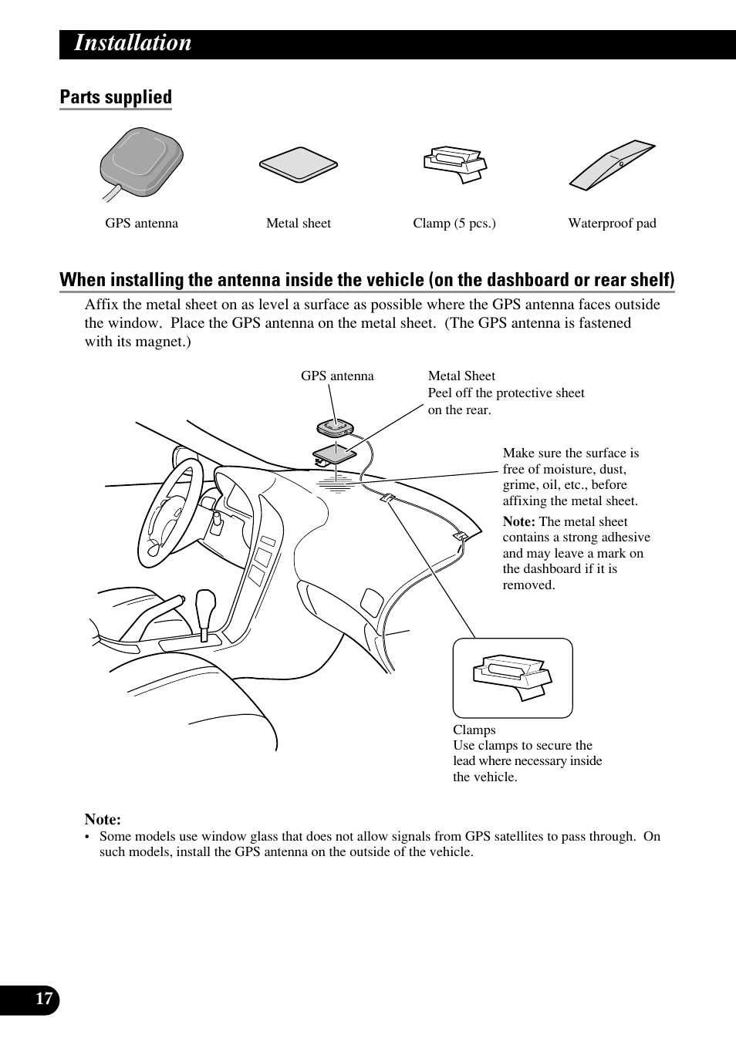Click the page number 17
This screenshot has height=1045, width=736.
pyautogui.click(x=44, y=999)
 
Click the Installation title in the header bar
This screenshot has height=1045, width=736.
pyautogui.click(x=133, y=43)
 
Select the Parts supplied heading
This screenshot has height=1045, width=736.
pyautogui.click(x=116, y=97)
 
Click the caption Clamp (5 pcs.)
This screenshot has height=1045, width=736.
pyautogui.click(x=454, y=224)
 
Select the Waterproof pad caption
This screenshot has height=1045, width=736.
pyautogui.click(x=612, y=224)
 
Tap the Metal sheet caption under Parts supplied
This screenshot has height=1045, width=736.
pyautogui.click(x=298, y=224)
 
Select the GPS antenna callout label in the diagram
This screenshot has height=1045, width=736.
pyautogui.click(x=337, y=376)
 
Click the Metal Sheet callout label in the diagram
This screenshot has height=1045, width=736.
pyautogui.click(x=461, y=376)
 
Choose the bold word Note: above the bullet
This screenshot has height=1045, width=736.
pyautogui.click(x=103, y=820)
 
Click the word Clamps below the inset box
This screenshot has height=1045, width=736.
pyautogui.click(x=474, y=730)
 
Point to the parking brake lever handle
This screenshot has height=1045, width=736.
pyautogui.click(x=170, y=602)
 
